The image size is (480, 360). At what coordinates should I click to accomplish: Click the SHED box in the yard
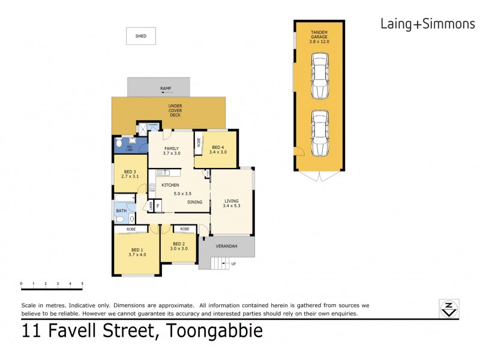click(x=141, y=36)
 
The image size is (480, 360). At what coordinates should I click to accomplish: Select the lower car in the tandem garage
click(x=319, y=133)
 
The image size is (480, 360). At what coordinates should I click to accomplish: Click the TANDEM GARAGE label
click(x=319, y=37)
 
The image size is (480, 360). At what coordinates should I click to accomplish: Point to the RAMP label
click(x=166, y=89)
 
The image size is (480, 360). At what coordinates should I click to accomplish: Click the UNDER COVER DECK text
click(x=175, y=110)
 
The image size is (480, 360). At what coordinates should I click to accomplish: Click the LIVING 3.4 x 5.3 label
click(x=232, y=204)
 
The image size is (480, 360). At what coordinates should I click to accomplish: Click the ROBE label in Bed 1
click(x=131, y=229)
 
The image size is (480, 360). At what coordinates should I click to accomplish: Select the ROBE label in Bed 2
click(x=185, y=229)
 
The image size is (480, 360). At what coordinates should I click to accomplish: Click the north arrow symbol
click(x=448, y=309)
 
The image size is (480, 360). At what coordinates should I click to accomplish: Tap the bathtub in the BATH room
click(x=127, y=197)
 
